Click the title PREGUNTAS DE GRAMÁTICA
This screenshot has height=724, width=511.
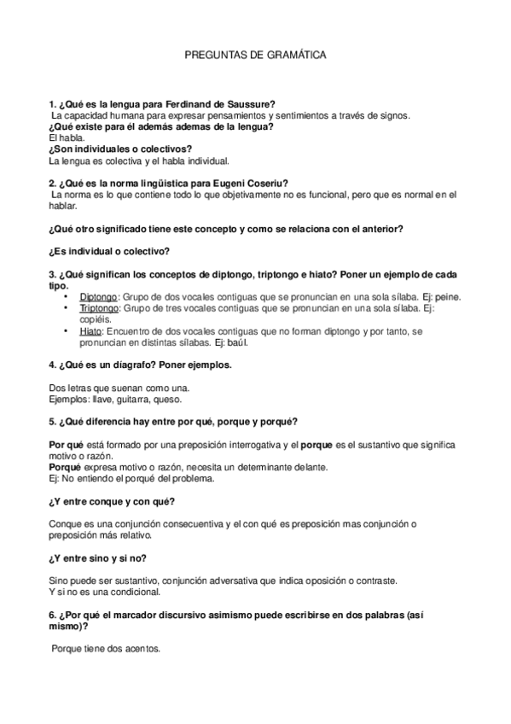[x=256, y=55]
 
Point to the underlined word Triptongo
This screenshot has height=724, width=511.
[x=99, y=307]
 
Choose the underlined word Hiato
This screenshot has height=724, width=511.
[x=90, y=330]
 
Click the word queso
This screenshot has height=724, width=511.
[x=166, y=399]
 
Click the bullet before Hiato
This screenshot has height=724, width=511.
[x=66, y=330]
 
